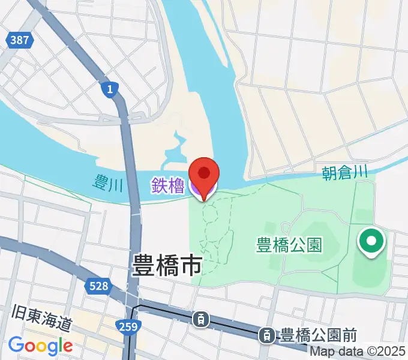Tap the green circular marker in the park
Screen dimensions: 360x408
[371, 242]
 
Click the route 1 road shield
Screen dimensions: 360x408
[108, 90]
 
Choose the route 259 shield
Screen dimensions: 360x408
[132, 327]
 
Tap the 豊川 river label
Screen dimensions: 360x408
[108, 182]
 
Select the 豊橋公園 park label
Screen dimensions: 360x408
[289, 245]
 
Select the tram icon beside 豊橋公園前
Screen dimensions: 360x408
[265, 335]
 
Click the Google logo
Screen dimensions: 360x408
[40, 345]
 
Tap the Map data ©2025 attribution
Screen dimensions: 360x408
[358, 352]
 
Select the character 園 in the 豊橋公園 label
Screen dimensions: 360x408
[314, 245]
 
